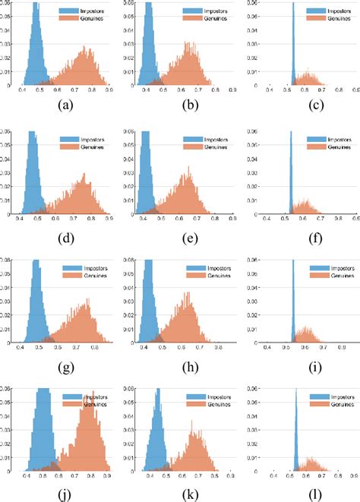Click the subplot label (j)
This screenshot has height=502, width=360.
tap(64, 493)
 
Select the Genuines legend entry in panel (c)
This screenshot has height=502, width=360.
tap(331, 19)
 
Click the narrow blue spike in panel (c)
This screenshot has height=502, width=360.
tap(293, 53)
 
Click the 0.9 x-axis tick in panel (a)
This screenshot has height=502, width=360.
tap(111, 90)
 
